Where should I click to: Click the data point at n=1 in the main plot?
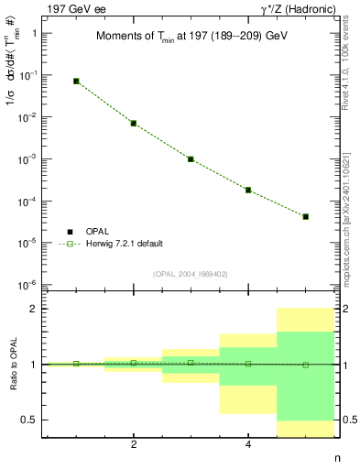pos(76,82)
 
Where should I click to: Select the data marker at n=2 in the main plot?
pos(134,123)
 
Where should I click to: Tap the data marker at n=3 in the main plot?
pos(191,158)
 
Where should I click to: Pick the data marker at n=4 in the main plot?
pos(248,190)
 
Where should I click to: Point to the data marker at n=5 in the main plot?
pos(305,217)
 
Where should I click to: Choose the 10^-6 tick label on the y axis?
pos(36,285)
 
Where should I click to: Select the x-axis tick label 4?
pos(248,444)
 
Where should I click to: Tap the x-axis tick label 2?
pos(134,444)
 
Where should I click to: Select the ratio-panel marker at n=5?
pos(305,365)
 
